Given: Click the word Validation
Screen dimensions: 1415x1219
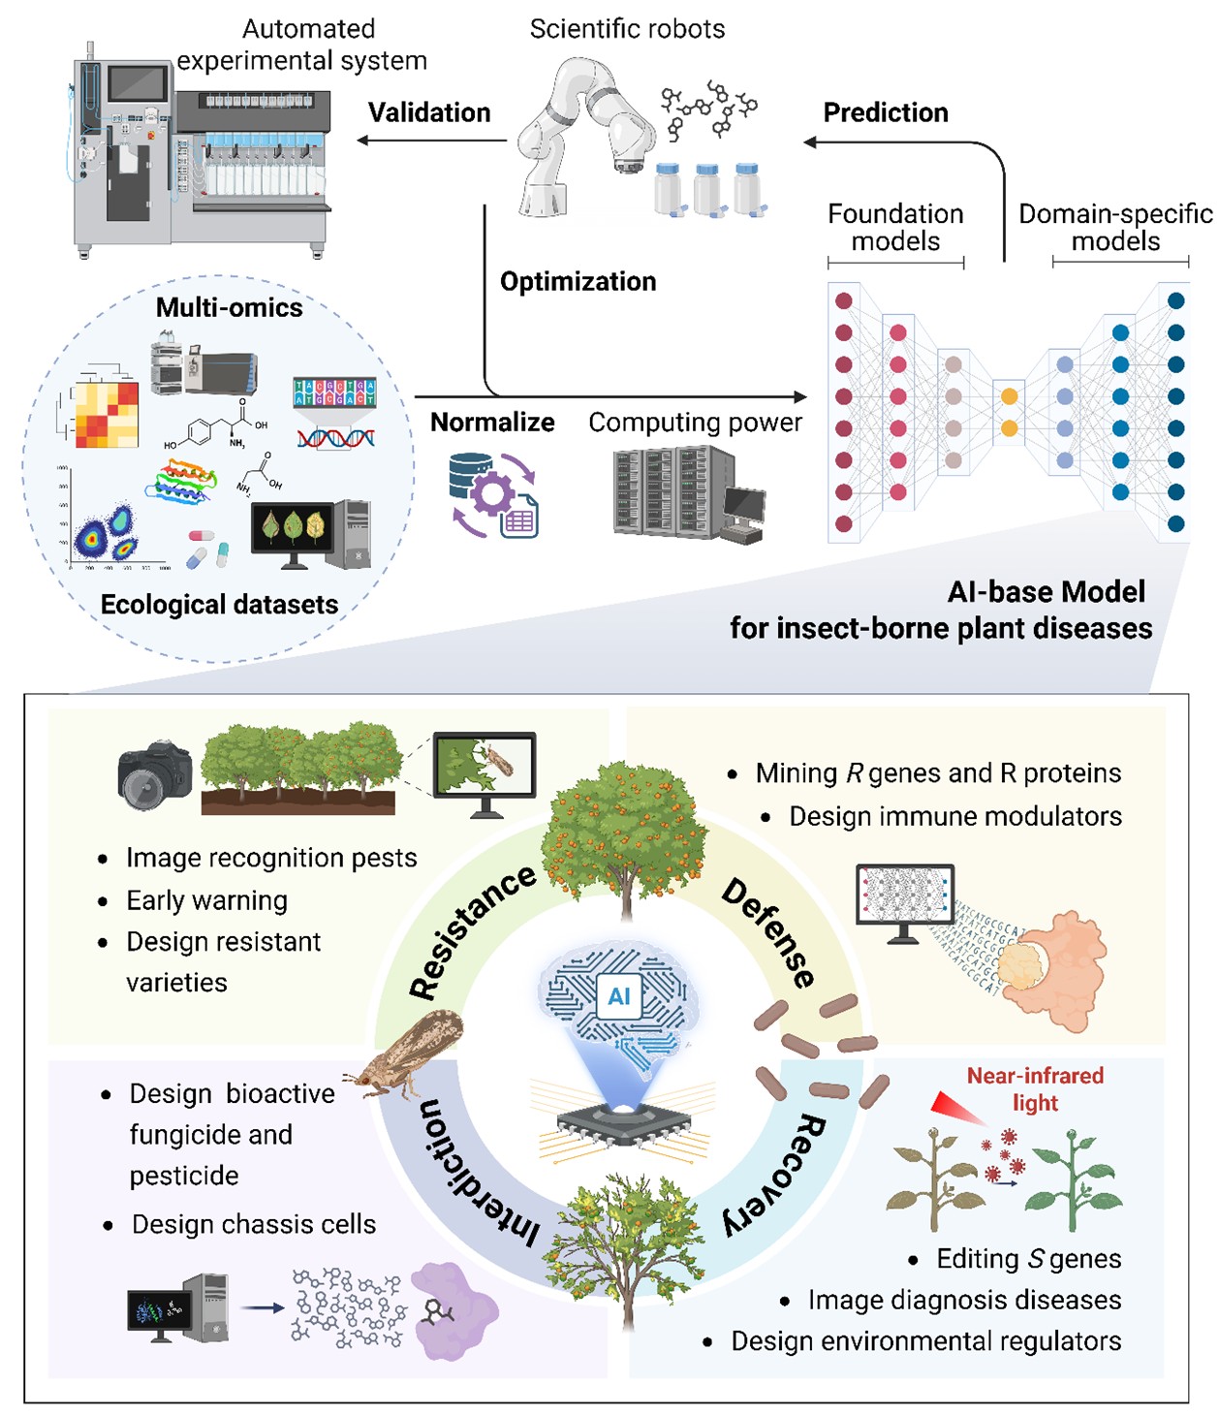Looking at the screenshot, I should pyautogui.click(x=429, y=112).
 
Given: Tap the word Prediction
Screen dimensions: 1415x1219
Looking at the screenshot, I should pyautogui.click(x=886, y=112).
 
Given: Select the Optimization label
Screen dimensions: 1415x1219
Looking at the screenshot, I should pyautogui.click(x=578, y=282).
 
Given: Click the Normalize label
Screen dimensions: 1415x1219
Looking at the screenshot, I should pyautogui.click(x=492, y=423).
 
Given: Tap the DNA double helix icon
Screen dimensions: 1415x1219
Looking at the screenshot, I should pyautogui.click(x=335, y=438).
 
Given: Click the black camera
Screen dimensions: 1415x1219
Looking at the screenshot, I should pyautogui.click(x=154, y=775).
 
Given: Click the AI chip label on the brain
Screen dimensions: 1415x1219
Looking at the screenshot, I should pyautogui.click(x=619, y=995).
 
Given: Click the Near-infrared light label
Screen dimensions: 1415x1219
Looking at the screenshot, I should pyautogui.click(x=1035, y=1089).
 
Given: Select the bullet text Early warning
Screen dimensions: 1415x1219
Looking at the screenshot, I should pyautogui.click(x=206, y=900).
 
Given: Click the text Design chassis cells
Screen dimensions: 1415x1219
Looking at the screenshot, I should pyautogui.click(x=254, y=1224).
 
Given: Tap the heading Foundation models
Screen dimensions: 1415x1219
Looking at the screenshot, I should pyautogui.click(x=895, y=228).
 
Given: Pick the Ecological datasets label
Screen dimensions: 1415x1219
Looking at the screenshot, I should pyautogui.click(x=219, y=605).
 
